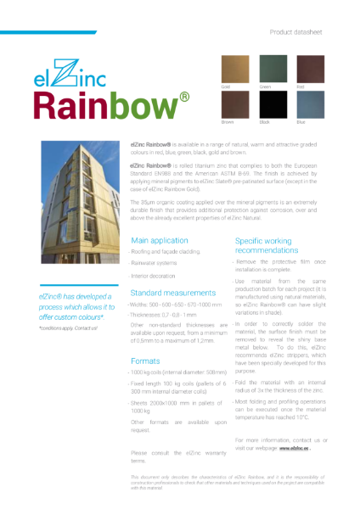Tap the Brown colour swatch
[236, 106]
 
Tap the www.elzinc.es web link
[295, 448]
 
